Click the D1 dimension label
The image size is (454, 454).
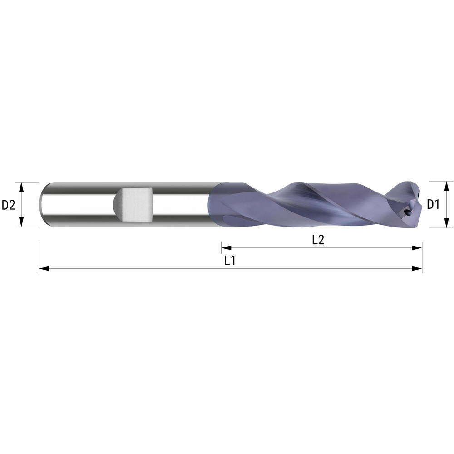[433, 205]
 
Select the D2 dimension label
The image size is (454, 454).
[9, 205]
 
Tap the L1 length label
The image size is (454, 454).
[230, 261]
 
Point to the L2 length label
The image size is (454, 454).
[318, 241]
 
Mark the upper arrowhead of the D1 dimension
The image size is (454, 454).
[446, 185]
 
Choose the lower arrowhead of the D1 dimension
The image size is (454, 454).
[446, 223]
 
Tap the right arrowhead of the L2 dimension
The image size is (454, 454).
[417, 248]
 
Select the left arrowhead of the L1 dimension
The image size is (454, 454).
[44, 269]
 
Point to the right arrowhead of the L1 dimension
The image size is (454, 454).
[417, 269]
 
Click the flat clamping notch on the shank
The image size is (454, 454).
[136, 204]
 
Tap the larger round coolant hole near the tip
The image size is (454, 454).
[407, 211]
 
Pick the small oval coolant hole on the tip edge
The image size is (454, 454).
[417, 196]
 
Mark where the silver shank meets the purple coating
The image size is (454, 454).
[212, 204]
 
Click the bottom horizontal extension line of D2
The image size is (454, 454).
[27, 227]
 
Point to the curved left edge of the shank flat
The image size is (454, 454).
[117, 204]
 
